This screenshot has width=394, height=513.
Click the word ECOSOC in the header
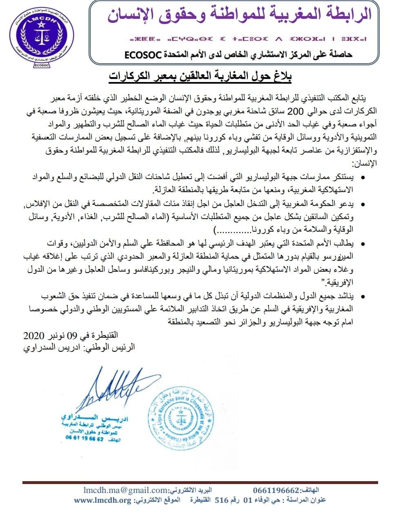[x=143, y=54]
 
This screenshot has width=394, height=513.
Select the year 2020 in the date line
[x=33, y=336]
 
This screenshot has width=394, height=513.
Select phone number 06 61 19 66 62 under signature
[x=85, y=438]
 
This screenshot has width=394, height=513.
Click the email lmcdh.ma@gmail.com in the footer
[x=126, y=490]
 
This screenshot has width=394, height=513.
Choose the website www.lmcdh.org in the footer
[x=102, y=500]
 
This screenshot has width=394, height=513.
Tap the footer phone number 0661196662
[x=276, y=490]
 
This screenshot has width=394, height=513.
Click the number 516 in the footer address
[x=221, y=500]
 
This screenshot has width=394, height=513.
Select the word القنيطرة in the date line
[x=104, y=335]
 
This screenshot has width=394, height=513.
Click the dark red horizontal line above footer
[x=200, y=482]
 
